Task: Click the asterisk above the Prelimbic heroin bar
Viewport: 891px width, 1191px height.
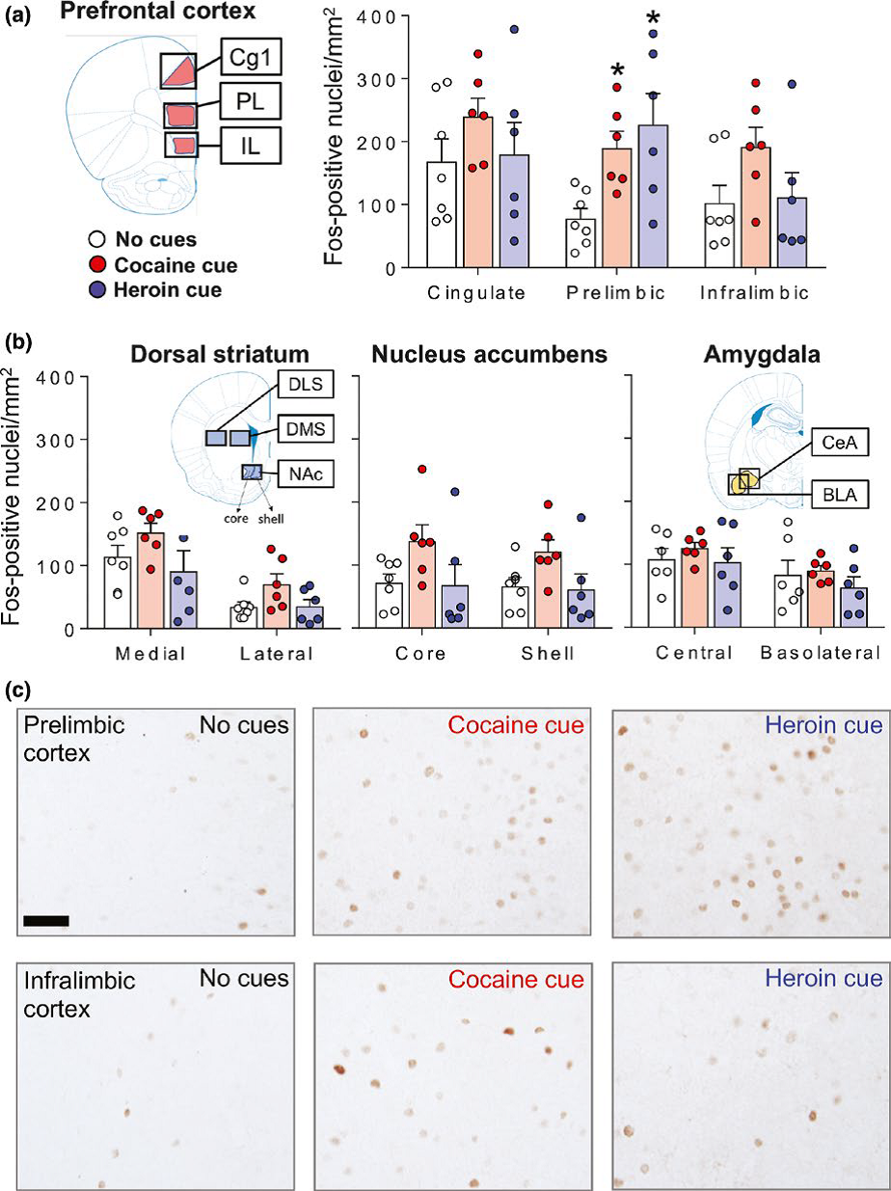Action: pyautogui.click(x=653, y=18)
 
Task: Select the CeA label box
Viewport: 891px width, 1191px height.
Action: pyautogui.click(x=839, y=445)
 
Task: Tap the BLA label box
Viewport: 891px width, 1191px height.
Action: pyautogui.click(x=838, y=495)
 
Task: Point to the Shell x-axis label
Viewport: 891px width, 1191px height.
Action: pyautogui.click(x=548, y=653)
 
